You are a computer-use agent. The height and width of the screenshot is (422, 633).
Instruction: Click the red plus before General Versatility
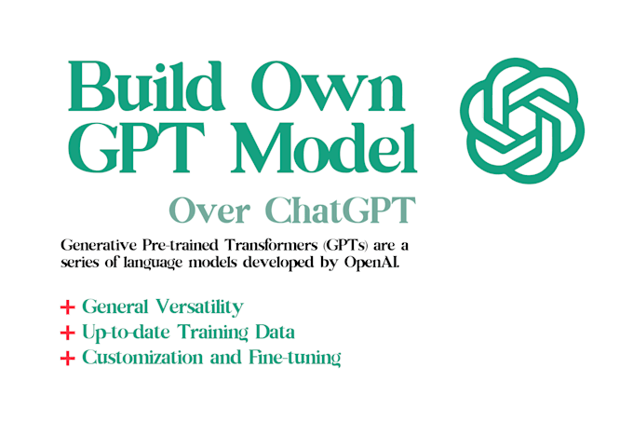point(67,306)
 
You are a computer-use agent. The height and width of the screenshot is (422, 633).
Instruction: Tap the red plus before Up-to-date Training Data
point(67,333)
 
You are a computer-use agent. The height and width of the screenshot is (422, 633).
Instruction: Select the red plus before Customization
point(67,359)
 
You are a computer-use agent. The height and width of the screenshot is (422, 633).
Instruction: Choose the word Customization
point(140,358)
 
